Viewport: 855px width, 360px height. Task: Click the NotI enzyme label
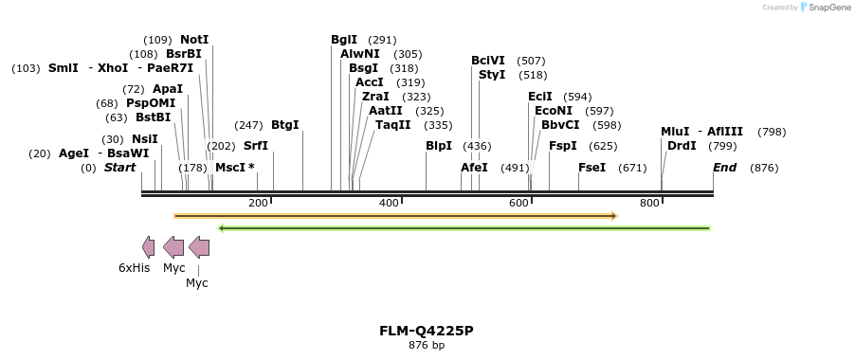pos(194,40)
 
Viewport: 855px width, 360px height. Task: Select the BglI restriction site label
pos(344,40)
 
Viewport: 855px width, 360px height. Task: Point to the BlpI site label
pos(439,146)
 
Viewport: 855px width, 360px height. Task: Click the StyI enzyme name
pos(492,75)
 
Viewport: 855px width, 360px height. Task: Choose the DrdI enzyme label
pos(682,146)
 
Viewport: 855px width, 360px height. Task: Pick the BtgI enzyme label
pos(284,125)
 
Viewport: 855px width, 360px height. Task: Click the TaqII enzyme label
pos(393,125)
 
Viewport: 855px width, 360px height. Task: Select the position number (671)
pos(632,168)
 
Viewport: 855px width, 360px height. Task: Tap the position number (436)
pos(477,146)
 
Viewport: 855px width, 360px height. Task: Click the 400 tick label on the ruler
pos(389,204)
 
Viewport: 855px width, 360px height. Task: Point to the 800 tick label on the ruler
pos(649,204)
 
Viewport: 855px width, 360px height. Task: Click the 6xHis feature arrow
pos(148,247)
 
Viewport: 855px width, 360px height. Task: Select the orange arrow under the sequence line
pos(396,216)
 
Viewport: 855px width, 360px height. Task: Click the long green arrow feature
pos(464,228)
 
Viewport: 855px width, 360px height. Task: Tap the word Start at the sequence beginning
pos(120,168)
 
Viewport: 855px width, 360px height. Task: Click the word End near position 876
pos(724,168)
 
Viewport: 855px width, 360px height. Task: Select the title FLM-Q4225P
pos(427,331)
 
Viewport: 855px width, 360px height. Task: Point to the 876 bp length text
pos(427,346)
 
